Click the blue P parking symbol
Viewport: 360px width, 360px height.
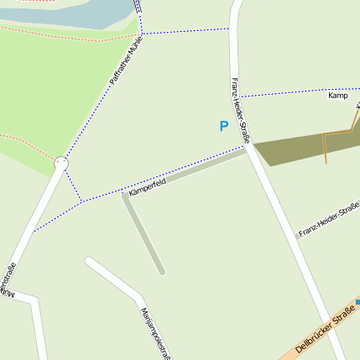223,127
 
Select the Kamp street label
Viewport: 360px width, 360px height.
338,96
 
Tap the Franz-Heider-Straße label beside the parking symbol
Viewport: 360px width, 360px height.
240,109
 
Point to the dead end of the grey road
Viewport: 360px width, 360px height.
162,272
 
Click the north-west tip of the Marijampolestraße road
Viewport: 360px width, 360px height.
88,260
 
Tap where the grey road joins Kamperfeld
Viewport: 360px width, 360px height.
125,196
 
